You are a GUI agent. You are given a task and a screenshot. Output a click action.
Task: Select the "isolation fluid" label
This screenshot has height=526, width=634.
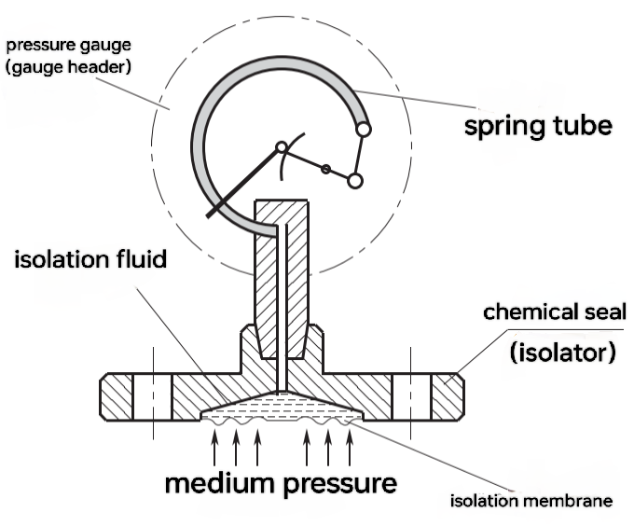point(90,258)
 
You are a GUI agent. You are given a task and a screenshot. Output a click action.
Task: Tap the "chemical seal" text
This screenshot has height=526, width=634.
point(555,311)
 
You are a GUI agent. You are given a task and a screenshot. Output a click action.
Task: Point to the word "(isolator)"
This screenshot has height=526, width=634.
point(555,353)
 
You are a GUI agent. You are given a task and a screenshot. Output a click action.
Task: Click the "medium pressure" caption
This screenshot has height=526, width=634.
point(281,484)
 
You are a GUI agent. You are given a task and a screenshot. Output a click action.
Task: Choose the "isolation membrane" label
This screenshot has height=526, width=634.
point(531,501)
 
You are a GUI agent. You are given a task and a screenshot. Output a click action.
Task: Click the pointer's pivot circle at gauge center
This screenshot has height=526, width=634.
point(281,147)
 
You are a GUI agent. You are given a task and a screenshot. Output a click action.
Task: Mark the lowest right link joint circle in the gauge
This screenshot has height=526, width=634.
point(355,180)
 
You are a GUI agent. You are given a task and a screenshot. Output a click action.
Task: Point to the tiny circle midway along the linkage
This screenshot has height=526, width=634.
point(325,169)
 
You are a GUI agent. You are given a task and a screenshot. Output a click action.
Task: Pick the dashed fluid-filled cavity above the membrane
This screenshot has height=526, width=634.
point(281,405)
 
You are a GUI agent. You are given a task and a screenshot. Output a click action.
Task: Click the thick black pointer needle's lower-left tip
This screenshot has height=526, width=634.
point(209,215)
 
